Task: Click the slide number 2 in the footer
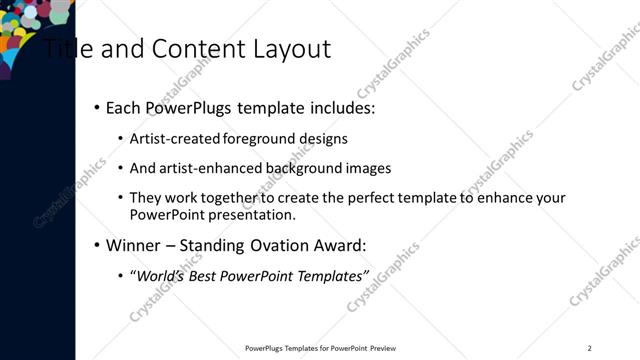[x=589, y=348]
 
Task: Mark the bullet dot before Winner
[x=96, y=245]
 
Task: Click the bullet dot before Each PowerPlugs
[x=96, y=108]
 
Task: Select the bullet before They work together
[x=120, y=198]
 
